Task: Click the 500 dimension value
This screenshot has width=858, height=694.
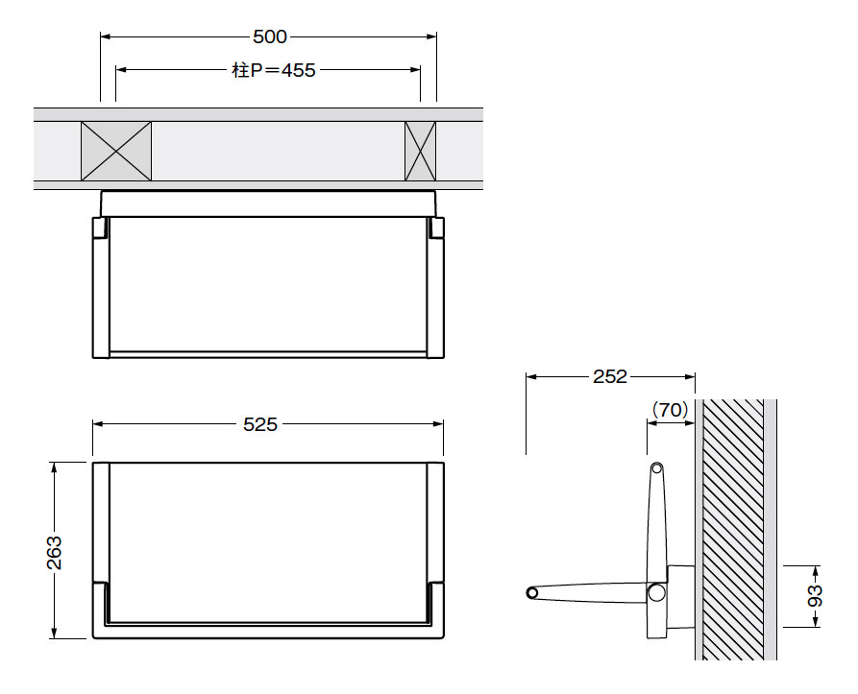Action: [x=270, y=36]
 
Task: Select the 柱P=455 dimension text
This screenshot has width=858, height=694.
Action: [x=274, y=70]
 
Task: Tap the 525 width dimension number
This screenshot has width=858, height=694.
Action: [x=260, y=424]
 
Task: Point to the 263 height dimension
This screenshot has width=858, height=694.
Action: [x=54, y=553]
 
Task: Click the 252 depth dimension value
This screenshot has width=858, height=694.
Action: [x=610, y=376]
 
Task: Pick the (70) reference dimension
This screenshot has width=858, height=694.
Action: [x=670, y=410]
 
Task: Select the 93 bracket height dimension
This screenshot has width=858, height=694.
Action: [x=815, y=596]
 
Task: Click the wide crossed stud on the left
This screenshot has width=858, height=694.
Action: [x=116, y=151]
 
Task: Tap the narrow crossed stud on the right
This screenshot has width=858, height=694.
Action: [x=420, y=151]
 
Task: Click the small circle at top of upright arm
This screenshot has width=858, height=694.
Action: [x=656, y=468]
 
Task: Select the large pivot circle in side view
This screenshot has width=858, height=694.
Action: [x=656, y=592]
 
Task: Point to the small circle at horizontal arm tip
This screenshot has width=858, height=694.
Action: [x=532, y=592]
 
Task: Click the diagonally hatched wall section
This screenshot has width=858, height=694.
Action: [x=733, y=530]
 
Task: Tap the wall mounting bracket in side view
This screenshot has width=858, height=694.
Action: [x=680, y=597]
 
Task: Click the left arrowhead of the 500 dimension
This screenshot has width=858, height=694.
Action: [x=106, y=36]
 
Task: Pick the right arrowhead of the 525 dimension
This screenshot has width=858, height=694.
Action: [x=438, y=423]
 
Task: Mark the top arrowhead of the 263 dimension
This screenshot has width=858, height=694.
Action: [x=54, y=467]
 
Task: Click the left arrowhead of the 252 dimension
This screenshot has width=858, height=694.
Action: [x=531, y=376]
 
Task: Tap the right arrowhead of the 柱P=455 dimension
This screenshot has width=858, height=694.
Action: [x=415, y=69]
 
